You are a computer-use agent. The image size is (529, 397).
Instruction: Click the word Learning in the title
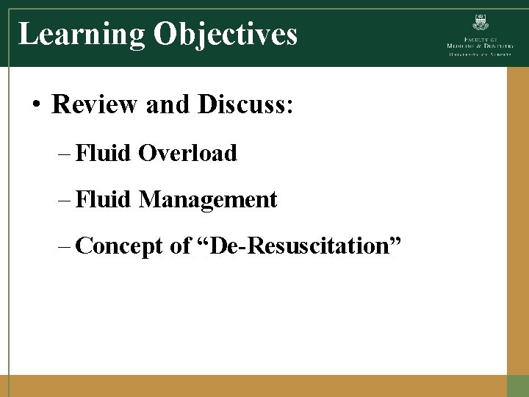(81, 34)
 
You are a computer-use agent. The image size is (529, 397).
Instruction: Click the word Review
(95, 105)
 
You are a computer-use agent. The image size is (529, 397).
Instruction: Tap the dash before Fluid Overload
(63, 154)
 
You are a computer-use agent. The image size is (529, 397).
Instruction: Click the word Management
(208, 199)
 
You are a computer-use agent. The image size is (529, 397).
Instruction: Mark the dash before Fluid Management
(63, 199)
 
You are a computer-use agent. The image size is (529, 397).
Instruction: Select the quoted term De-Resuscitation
(300, 246)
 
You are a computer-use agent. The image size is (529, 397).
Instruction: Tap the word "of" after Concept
(180, 246)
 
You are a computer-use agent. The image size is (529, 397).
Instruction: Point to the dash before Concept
(63, 246)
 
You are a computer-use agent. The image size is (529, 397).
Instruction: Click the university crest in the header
(481, 21)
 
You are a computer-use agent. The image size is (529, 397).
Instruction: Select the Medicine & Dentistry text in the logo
(481, 46)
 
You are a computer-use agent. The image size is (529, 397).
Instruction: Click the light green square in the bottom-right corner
(518, 386)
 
